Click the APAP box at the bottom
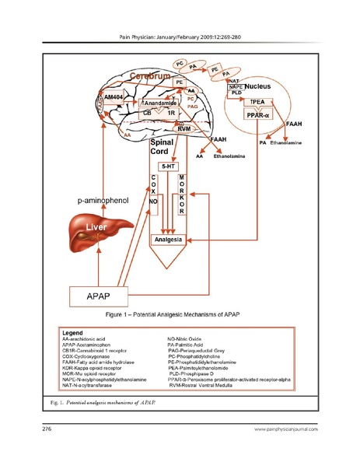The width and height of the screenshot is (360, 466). pos(103,295)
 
